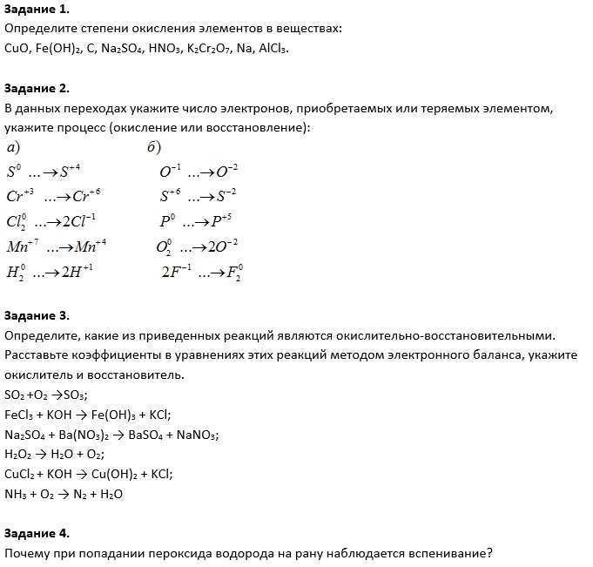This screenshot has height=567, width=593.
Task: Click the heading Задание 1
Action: pyautogui.click(x=36, y=10)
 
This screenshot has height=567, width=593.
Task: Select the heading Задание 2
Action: pyautogui.click(x=36, y=89)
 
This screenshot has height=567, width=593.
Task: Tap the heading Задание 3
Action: pyautogui.click(x=36, y=315)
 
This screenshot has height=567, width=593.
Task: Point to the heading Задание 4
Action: pyautogui.click(x=36, y=533)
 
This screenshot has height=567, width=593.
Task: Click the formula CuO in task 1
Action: pyautogui.click(x=17, y=48)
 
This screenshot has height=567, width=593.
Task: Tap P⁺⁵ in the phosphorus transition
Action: pyautogui.click(x=222, y=220)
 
